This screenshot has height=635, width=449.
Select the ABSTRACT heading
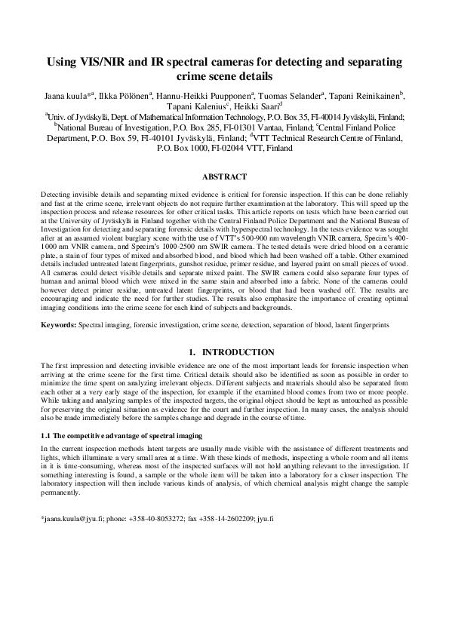[224, 177]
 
